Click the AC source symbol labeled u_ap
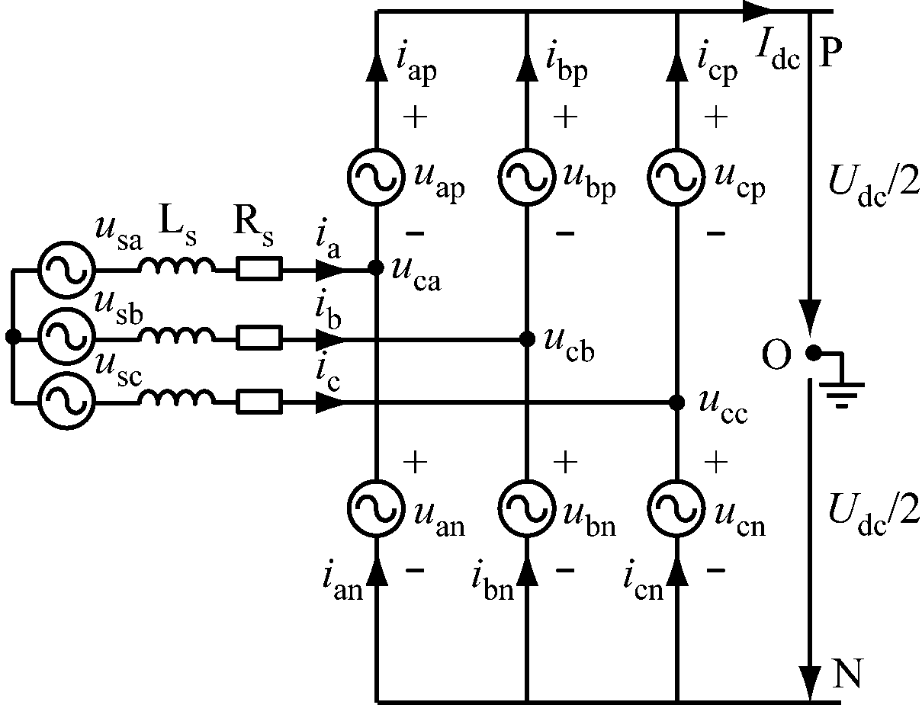coord(375,176)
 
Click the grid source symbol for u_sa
coord(66,268)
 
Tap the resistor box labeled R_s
coord(259,268)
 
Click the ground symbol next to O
coord(841,389)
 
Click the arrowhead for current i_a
coord(329,268)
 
